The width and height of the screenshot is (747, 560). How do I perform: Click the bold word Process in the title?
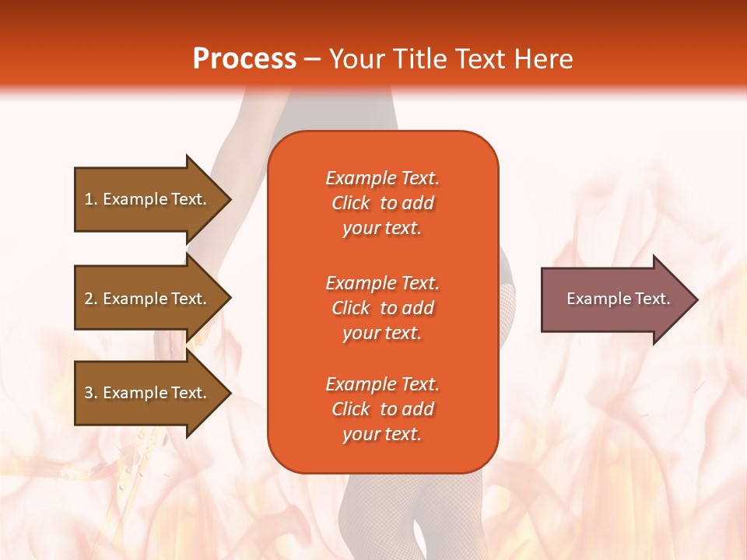(x=244, y=59)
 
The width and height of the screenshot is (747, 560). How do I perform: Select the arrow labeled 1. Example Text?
(x=148, y=199)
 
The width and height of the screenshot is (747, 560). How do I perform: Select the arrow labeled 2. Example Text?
(x=148, y=299)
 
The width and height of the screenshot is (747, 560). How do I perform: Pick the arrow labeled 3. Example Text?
(x=148, y=393)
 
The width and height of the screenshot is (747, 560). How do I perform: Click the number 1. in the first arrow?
(x=91, y=199)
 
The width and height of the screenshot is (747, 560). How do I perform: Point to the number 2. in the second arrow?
(x=91, y=299)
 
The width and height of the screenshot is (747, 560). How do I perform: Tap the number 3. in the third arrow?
(x=91, y=393)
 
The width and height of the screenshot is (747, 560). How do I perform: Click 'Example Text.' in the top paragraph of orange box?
(x=382, y=178)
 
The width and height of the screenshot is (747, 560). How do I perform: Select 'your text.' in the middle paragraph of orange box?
(x=382, y=333)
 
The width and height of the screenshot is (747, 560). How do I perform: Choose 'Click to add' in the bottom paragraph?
(x=382, y=409)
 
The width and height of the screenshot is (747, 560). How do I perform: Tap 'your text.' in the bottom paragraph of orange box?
(x=382, y=434)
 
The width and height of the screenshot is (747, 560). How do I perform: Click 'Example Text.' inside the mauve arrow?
(x=618, y=299)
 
